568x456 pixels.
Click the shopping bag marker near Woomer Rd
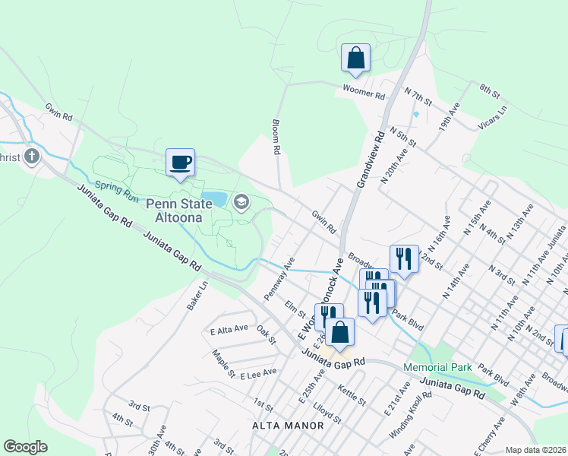tap(355, 57)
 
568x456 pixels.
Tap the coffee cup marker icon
tap(180, 162)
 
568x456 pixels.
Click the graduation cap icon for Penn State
tap(241, 201)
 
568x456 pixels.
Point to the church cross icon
tap(31, 157)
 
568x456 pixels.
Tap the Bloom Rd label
tap(276, 136)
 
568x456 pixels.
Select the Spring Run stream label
tap(116, 191)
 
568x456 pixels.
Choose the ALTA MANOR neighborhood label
tap(288, 426)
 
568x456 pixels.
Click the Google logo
tap(25, 447)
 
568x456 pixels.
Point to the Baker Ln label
tap(197, 296)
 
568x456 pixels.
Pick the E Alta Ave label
tap(229, 328)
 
